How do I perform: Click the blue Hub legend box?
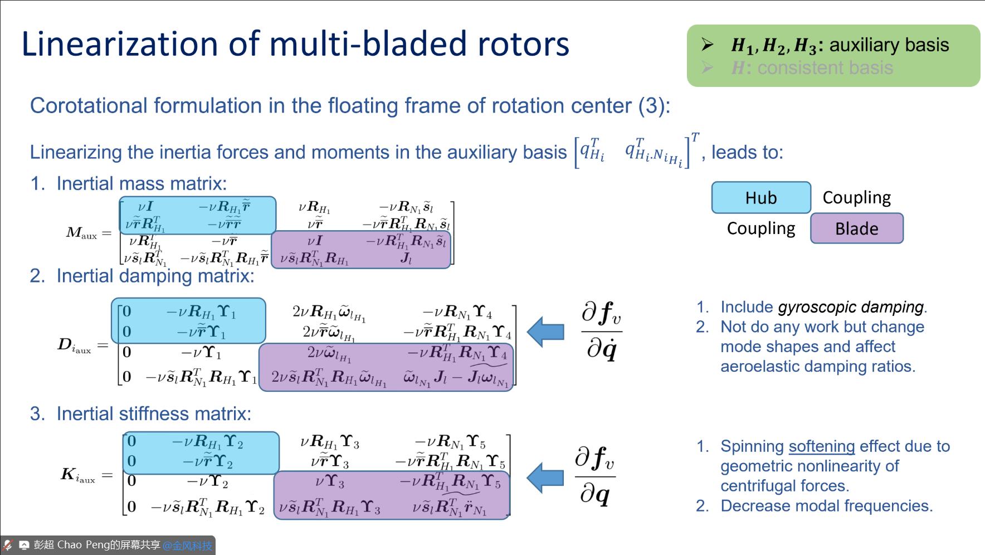[760, 198]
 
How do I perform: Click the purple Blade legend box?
[856, 228]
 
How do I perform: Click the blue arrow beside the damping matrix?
[545, 332]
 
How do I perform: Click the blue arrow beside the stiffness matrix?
[545, 477]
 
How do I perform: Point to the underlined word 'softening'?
[822, 446]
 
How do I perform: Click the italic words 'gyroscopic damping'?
[851, 307]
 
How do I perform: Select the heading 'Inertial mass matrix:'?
[142, 183]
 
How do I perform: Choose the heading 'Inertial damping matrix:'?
[155, 276]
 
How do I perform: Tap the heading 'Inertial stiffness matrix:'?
[154, 413]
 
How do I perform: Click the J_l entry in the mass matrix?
[406, 259]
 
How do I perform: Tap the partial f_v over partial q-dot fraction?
[601, 332]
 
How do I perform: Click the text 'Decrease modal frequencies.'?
[826, 506]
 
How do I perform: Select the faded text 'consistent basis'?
[825, 68]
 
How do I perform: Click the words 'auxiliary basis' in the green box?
[889, 45]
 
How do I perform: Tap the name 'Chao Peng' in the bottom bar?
[77, 545]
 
